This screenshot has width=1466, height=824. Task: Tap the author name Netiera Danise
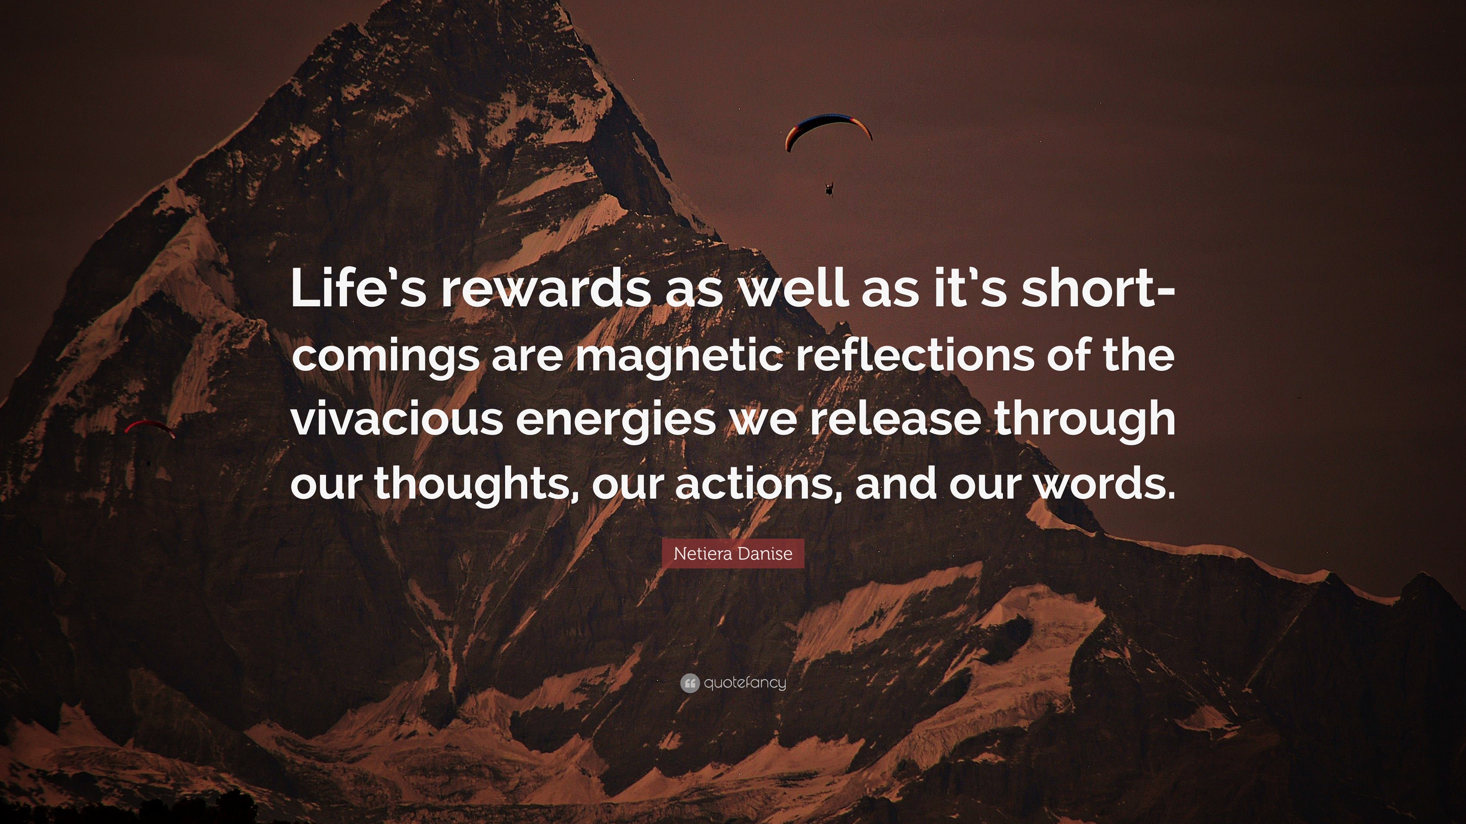(x=733, y=553)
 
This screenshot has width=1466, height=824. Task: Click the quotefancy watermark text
(x=745, y=682)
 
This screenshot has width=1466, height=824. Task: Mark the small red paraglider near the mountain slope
(x=150, y=426)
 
